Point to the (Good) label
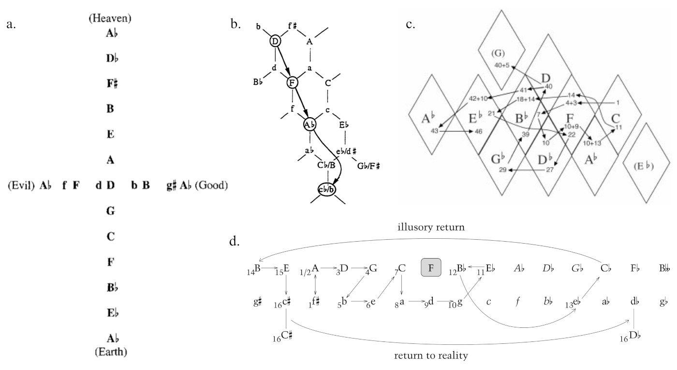211,185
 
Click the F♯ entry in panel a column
110,83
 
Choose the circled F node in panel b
292,82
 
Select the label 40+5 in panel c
501,65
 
